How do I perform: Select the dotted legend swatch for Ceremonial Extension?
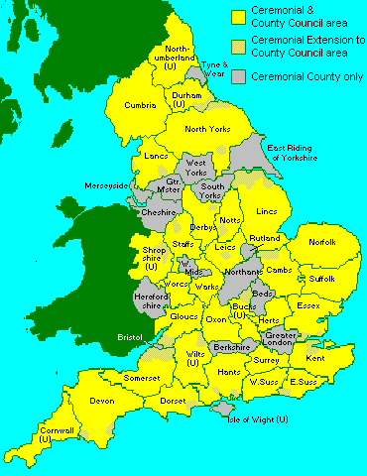(x=238, y=46)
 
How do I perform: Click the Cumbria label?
(x=141, y=106)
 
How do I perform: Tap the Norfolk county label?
(x=322, y=242)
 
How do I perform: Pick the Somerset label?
(x=143, y=378)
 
